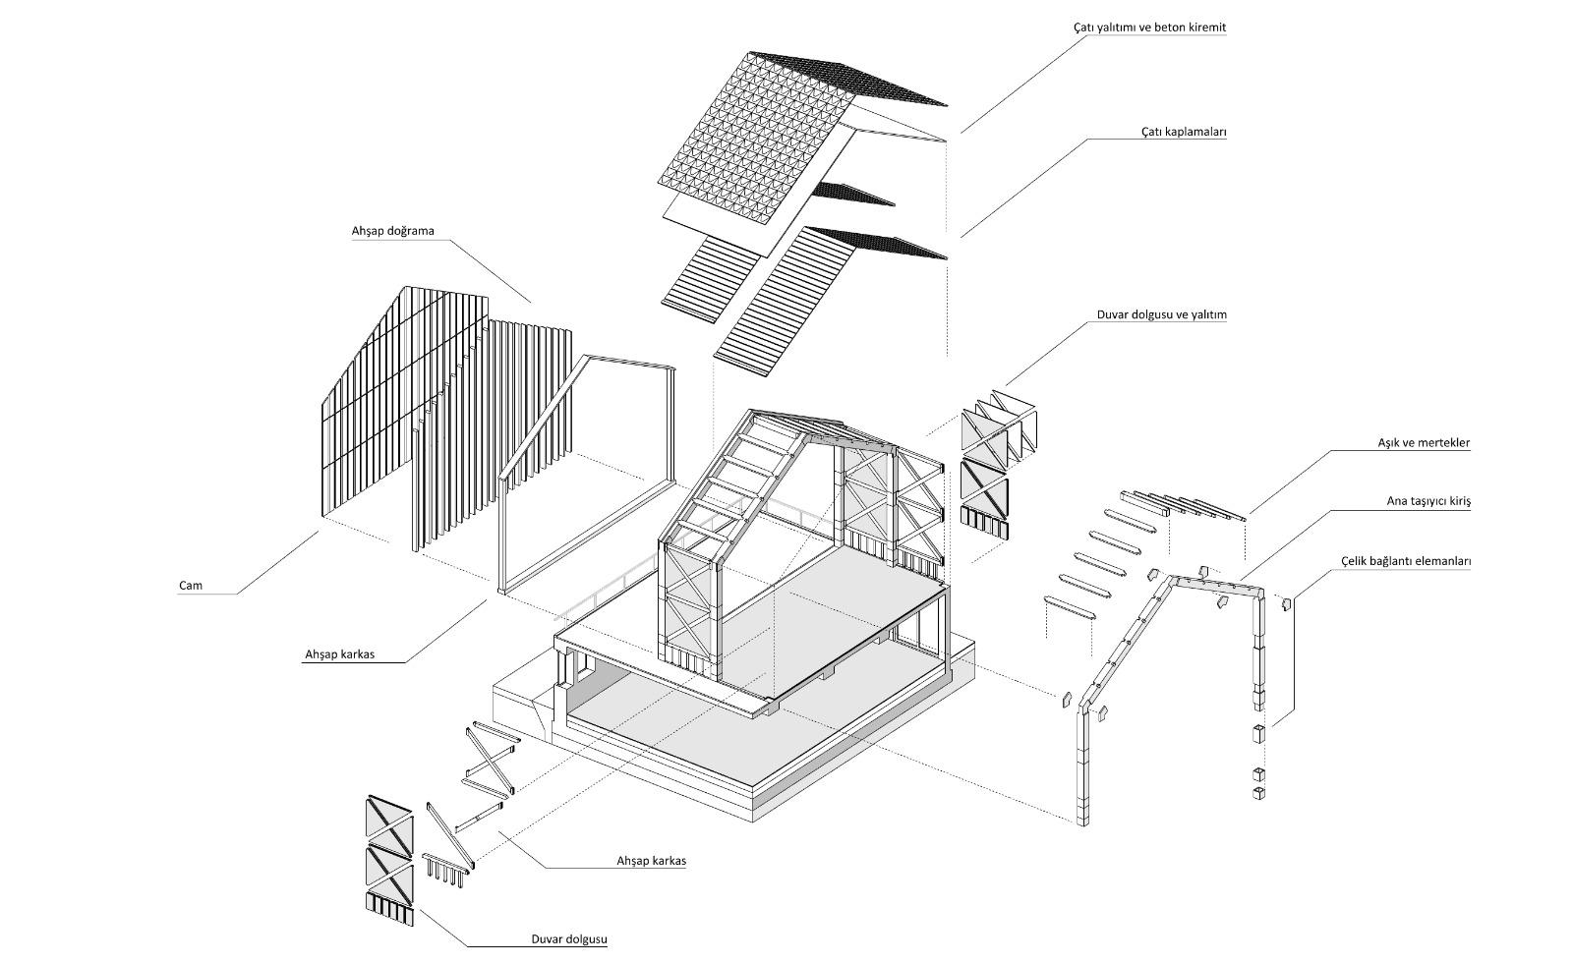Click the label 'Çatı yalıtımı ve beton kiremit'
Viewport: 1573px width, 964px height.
(x=1149, y=28)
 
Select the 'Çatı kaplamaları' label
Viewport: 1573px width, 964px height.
(x=1184, y=132)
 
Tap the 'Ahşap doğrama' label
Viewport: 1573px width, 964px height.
(x=393, y=231)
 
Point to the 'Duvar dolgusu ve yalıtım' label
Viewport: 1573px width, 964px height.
(x=1161, y=314)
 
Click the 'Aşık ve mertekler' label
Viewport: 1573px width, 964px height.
(x=1424, y=443)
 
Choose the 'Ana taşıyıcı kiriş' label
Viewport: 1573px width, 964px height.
(x=1428, y=501)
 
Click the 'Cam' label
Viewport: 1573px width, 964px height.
(x=191, y=586)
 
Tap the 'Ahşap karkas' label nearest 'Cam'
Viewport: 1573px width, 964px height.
(x=340, y=654)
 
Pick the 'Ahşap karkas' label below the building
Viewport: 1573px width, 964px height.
(x=652, y=861)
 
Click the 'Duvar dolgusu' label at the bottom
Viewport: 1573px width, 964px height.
(x=569, y=939)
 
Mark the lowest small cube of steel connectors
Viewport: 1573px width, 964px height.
(x=1259, y=793)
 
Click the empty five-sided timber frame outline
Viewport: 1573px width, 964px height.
(x=587, y=475)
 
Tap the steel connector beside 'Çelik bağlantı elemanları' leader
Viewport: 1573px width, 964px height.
(x=1287, y=603)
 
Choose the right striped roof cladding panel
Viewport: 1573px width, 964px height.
(x=786, y=302)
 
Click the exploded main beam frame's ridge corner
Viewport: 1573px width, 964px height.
(x=1171, y=579)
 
